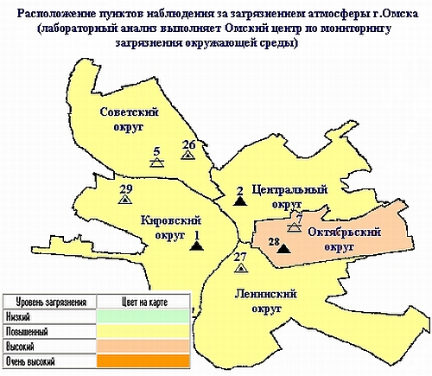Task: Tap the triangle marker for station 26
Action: pos(187,155)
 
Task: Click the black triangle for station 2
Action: pos(239,201)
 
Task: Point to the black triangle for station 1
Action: pos(197,245)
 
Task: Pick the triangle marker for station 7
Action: pos(294,228)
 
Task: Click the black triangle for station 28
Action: pos(283,249)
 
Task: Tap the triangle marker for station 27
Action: pos(240,268)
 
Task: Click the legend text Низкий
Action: pos(16,316)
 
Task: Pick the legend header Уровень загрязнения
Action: pos(45,302)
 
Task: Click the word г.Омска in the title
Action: pos(388,16)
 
